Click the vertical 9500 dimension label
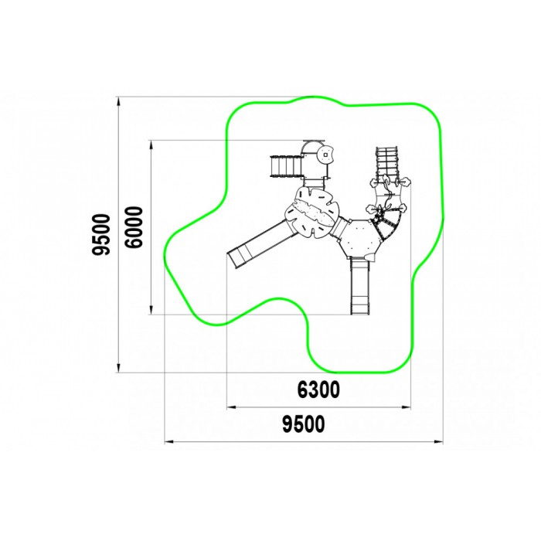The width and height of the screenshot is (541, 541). pyautogui.click(x=101, y=235)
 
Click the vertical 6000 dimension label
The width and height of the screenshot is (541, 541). pyautogui.click(x=134, y=227)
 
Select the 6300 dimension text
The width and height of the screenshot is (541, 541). pyautogui.click(x=318, y=390)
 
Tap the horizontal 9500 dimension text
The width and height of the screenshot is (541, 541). pyautogui.click(x=304, y=424)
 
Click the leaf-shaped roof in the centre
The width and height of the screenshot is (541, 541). pyautogui.click(x=312, y=213)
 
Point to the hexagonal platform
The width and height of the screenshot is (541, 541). pyautogui.click(x=359, y=238)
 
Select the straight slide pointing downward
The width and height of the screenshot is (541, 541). pyautogui.click(x=360, y=286)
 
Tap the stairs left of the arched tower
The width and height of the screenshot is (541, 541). pyautogui.click(x=286, y=166)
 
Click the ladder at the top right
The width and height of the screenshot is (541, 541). pyautogui.click(x=387, y=163)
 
